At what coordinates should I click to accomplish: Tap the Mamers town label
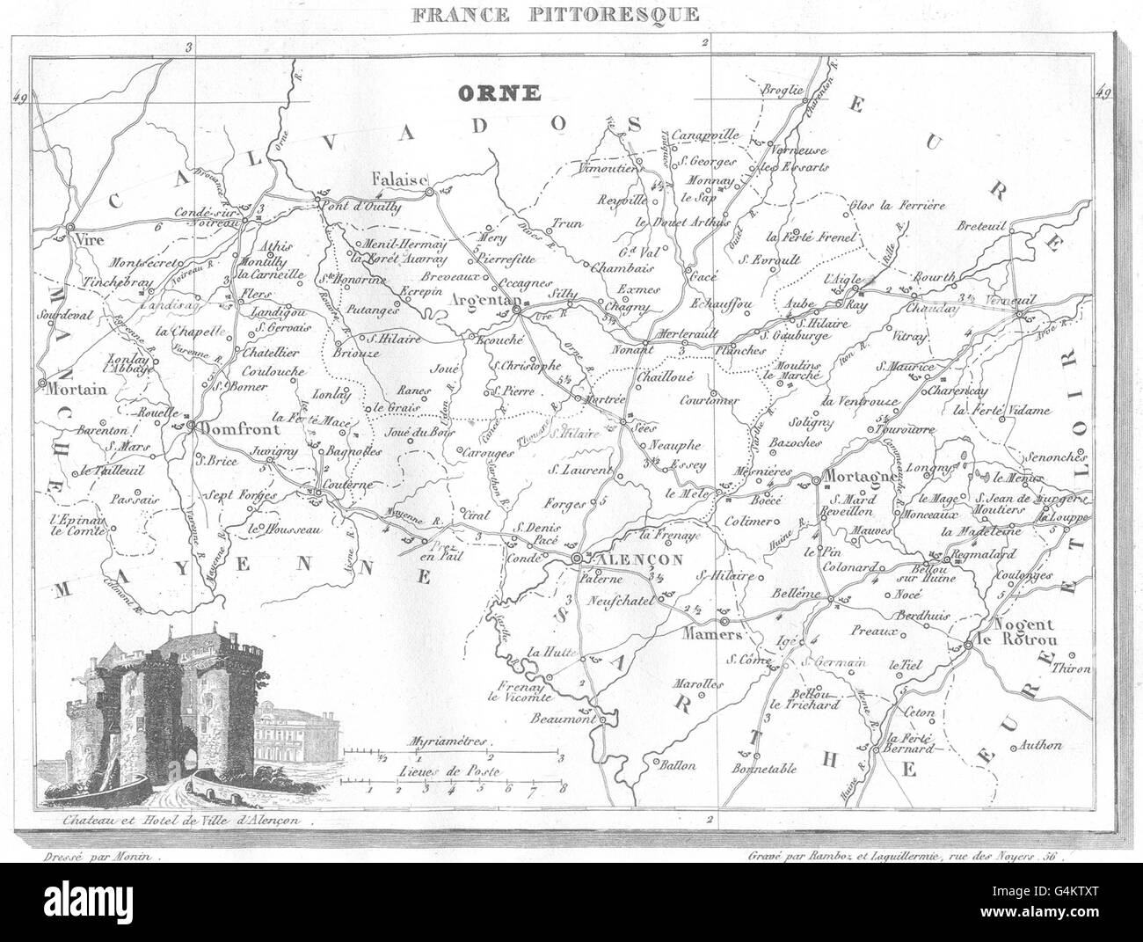click(713, 633)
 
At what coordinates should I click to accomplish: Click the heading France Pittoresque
click(571, 13)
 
